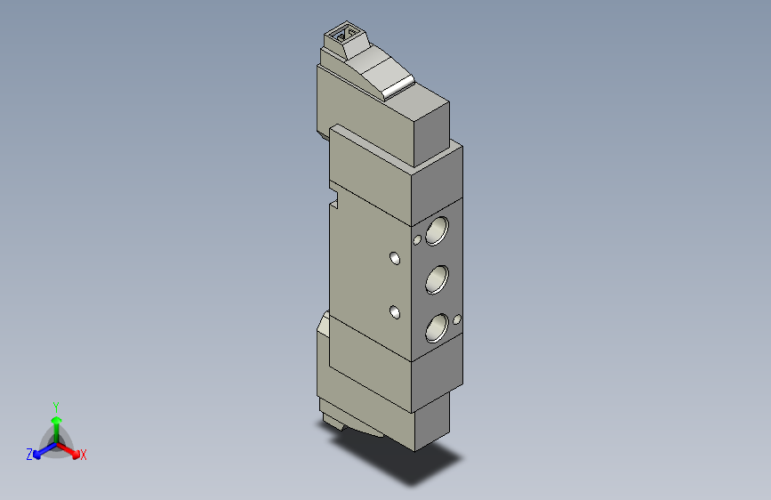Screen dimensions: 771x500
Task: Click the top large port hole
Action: tap(437, 230)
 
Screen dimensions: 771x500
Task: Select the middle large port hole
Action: tap(437, 279)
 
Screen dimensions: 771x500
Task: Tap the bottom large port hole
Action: tap(437, 327)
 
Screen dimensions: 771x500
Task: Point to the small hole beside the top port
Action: tap(417, 240)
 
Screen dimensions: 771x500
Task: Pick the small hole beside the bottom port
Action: tap(457, 320)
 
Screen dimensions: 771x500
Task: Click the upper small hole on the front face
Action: tap(395, 258)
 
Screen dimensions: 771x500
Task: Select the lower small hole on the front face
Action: tap(395, 312)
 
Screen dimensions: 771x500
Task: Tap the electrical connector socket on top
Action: tap(346, 35)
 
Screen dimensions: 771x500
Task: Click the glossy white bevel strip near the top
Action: tap(398, 87)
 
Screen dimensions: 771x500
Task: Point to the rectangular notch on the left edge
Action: tap(334, 198)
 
